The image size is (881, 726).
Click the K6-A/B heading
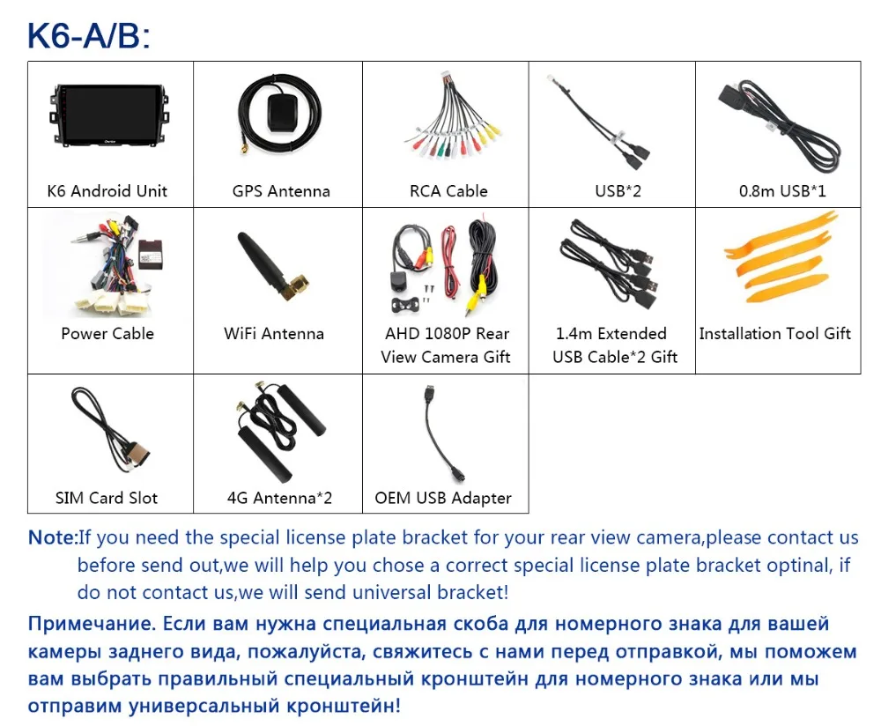point(89,35)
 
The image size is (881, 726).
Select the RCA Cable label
point(448,191)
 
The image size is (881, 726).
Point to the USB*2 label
point(618,191)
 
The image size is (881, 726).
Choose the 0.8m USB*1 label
point(782,191)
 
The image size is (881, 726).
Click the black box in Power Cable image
point(152,254)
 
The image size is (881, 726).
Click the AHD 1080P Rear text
point(447,334)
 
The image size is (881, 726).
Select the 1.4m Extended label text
point(611,334)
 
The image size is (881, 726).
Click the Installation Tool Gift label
point(774,334)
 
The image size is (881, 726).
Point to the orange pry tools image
point(778,258)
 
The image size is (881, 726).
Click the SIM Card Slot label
point(107,498)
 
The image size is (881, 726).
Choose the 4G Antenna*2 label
point(279,498)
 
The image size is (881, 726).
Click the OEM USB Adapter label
point(443,498)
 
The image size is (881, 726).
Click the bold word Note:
point(52,537)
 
